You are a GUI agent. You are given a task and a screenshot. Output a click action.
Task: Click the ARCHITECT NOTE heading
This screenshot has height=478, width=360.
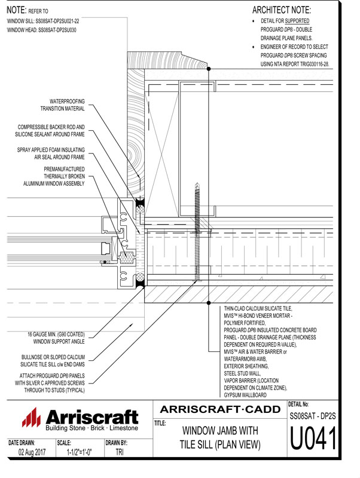282,10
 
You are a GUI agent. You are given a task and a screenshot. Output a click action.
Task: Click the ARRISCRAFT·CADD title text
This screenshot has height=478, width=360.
220,409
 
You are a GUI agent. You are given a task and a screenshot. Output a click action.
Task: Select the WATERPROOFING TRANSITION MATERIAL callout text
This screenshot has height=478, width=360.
62,105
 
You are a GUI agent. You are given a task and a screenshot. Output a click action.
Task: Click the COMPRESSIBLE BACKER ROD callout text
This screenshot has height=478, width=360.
51,131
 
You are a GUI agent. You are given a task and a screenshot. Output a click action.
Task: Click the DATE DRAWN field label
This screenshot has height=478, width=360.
22,443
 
